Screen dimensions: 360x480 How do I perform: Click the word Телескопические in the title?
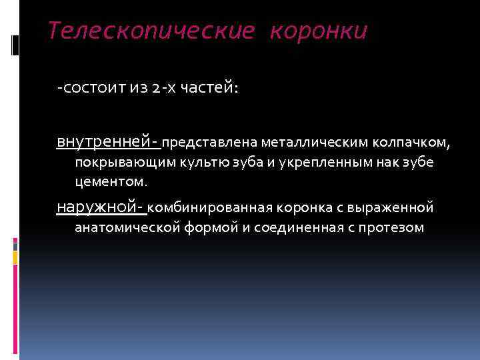[x=151, y=31]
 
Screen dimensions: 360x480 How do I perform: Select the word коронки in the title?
[x=318, y=31]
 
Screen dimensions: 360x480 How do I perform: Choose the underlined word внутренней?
[x=107, y=142]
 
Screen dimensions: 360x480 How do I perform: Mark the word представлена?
[x=210, y=143]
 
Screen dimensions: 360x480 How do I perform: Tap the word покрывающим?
[x=115, y=162]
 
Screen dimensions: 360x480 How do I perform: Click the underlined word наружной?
[x=100, y=207]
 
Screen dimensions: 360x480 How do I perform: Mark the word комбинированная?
[x=197, y=208]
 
